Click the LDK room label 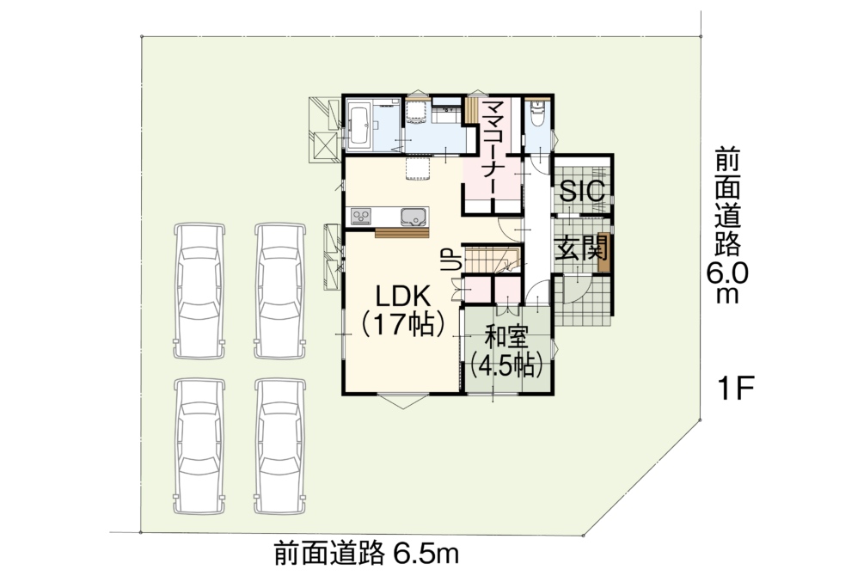(403, 297)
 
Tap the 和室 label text (506, 338)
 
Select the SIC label (582, 191)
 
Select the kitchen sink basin (414, 217)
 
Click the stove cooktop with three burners (361, 217)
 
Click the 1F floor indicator (735, 389)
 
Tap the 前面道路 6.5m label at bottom (366, 554)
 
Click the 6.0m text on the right (726, 283)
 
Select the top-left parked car (199, 291)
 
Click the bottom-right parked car (280, 446)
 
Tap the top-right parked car (280, 291)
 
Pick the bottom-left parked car (199, 446)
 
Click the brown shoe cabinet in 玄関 (604, 253)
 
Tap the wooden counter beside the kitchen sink (401, 233)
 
